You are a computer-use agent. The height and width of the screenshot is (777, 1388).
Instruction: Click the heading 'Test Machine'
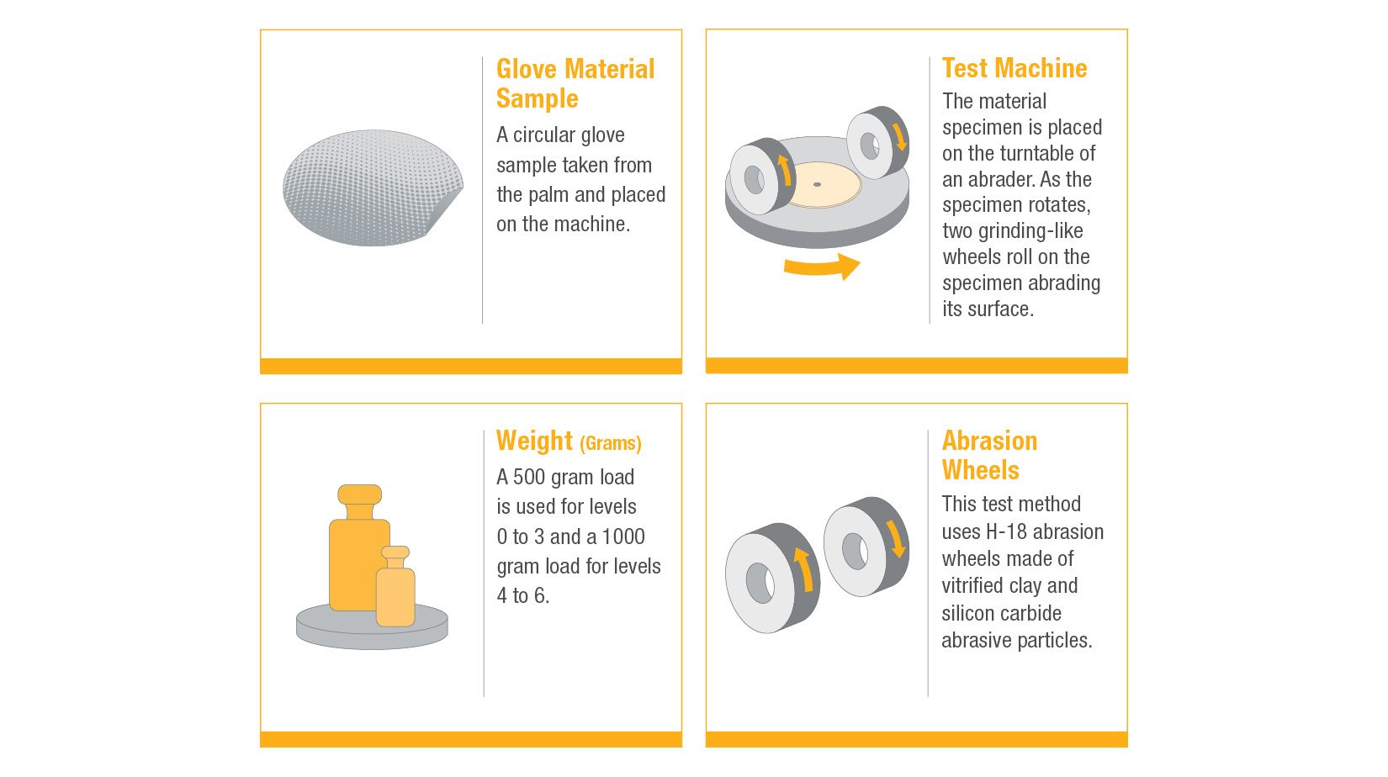tap(1015, 69)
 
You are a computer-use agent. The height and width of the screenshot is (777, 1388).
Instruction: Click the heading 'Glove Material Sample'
tap(575, 83)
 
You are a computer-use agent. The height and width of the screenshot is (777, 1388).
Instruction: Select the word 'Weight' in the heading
tap(534, 441)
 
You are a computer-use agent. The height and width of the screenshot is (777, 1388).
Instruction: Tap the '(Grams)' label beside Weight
tap(611, 443)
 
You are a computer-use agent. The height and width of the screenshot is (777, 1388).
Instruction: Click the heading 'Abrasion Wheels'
tap(989, 456)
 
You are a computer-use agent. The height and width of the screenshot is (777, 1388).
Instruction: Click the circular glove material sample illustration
tap(373, 188)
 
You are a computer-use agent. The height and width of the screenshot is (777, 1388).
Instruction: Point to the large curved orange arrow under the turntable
tap(822, 267)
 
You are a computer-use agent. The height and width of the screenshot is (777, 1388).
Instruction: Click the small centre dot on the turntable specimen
tap(818, 184)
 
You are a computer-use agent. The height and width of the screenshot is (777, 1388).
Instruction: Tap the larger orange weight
tap(358, 547)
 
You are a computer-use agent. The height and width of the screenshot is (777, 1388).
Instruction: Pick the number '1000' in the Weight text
tap(623, 536)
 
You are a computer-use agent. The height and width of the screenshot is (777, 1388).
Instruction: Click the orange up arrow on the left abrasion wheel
tap(803, 568)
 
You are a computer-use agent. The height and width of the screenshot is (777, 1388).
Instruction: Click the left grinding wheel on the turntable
tap(762, 177)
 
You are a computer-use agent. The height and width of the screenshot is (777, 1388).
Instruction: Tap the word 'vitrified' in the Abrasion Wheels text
tap(972, 585)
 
